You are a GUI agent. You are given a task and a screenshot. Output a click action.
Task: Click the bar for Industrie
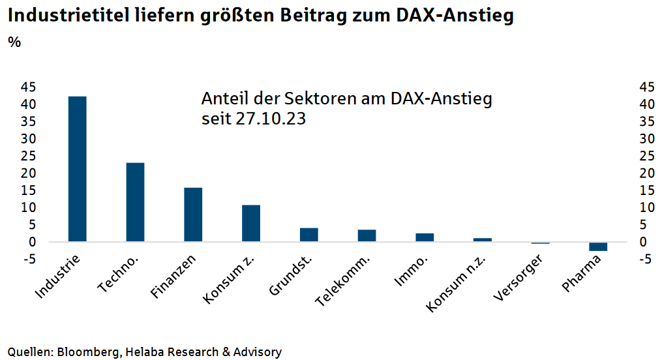(77, 169)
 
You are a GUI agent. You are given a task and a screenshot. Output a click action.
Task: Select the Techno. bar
(135, 202)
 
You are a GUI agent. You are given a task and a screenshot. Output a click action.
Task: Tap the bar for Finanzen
(193, 215)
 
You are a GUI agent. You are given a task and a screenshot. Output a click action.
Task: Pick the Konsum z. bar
(251, 223)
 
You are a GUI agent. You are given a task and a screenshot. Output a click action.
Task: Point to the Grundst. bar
(308, 235)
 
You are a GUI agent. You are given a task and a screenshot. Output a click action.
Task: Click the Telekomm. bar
(367, 235)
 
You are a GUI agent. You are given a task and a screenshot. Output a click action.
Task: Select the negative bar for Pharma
(598, 247)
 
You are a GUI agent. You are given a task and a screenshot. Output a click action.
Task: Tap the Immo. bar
(425, 237)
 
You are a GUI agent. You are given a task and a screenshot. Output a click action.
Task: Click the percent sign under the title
(14, 43)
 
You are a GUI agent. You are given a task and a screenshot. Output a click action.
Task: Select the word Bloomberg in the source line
(88, 352)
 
